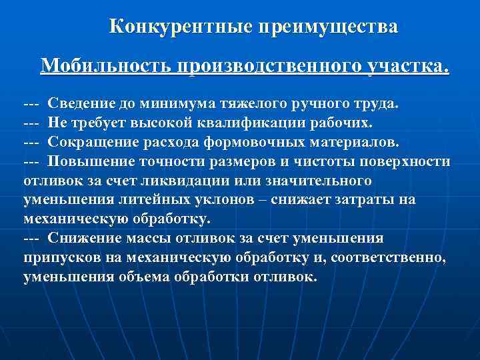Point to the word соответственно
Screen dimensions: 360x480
[x=401, y=258]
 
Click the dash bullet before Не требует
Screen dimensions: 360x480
[x=31, y=123]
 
